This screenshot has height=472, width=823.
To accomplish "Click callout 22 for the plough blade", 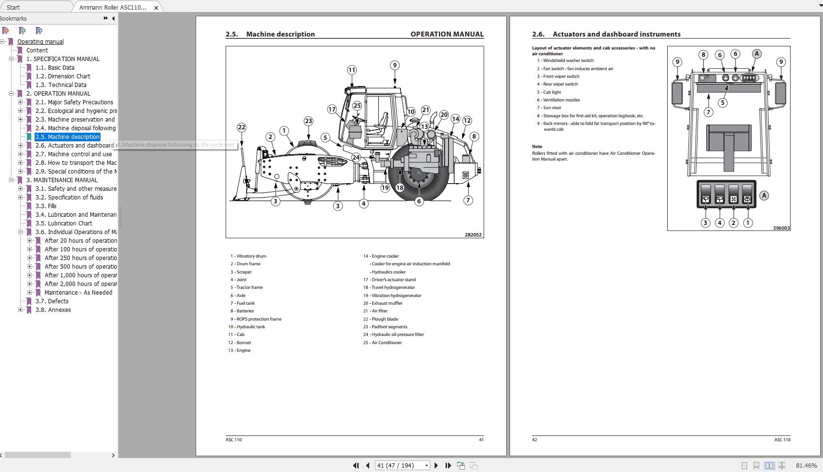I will tap(241, 127).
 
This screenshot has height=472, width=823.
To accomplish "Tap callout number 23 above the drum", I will tap(308, 121).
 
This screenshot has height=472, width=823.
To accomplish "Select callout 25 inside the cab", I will tap(357, 106).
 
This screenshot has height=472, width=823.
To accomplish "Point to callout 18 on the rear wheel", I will tap(399, 187).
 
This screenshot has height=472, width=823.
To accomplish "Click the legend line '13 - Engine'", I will tap(240, 350).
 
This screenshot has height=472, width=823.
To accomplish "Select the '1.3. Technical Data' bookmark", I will tap(67, 85).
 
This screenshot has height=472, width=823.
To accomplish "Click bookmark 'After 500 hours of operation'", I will tap(80, 267).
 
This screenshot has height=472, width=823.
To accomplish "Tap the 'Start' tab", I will tap(13, 7).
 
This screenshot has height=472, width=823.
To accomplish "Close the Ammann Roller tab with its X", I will tap(156, 8).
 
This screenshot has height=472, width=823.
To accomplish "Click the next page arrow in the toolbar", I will tap(436, 465).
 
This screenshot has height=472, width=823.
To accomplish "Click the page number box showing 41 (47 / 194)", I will tap(399, 465).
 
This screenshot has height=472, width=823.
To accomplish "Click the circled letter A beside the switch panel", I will tap(764, 196).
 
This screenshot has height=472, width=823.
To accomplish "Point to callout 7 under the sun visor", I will tap(708, 112).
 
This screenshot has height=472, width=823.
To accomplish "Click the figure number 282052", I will tap(473, 235).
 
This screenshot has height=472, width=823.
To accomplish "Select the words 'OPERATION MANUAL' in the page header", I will tap(447, 34).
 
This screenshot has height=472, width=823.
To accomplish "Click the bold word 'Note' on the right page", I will tap(537, 147).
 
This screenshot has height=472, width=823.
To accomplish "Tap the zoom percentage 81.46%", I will tap(806, 465).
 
